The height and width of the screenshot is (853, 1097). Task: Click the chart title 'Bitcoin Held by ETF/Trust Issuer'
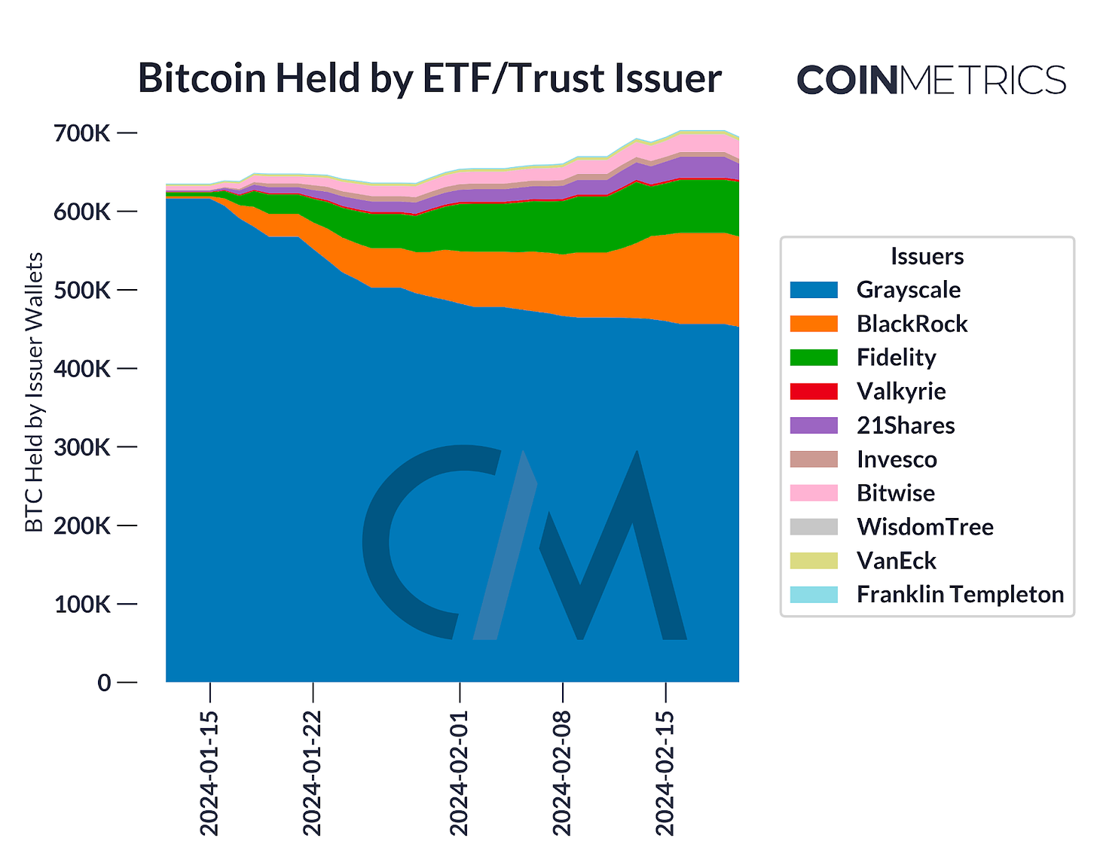coord(429,78)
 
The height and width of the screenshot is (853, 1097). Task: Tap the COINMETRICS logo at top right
coord(930,80)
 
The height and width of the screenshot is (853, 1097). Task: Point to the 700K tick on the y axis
coord(82,133)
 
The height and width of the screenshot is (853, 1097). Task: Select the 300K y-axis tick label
coord(82,447)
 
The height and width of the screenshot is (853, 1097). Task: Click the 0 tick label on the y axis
coord(104,683)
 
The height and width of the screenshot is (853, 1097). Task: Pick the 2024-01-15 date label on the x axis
coord(209,772)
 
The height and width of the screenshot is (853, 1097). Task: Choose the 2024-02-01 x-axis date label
coord(460,772)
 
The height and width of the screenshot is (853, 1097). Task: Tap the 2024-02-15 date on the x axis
coord(665,772)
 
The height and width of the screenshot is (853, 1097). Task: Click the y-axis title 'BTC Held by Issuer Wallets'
coord(34,391)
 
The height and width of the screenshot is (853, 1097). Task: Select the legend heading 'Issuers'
coord(927,257)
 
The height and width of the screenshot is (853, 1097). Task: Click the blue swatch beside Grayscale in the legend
coord(814,290)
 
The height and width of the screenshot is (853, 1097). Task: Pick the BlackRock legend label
coord(912,324)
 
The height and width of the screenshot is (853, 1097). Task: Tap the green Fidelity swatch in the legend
coord(814,358)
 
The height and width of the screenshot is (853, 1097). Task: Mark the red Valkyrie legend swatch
coord(814,391)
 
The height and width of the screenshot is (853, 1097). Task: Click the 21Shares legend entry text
coord(906,425)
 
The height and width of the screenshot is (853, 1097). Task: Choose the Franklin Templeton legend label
coord(960,595)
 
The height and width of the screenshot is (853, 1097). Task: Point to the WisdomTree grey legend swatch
coord(814,527)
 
